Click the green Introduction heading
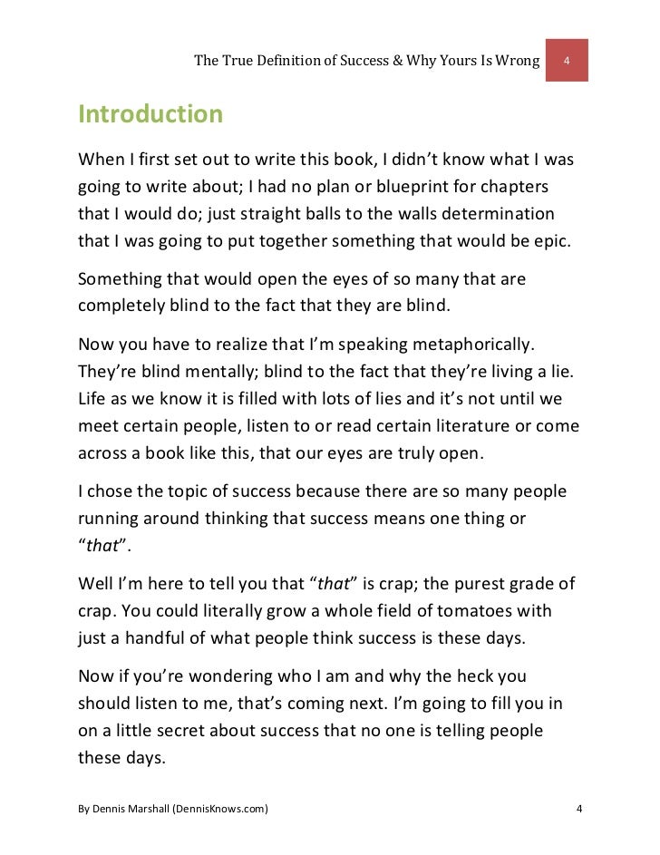click(150, 115)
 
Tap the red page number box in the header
click(567, 61)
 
